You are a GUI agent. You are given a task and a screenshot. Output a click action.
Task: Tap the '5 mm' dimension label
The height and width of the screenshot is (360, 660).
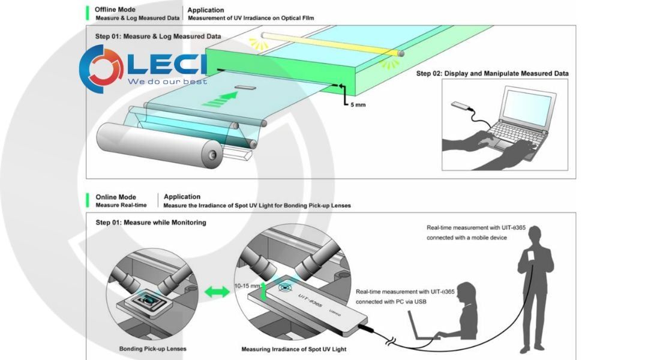tap(356, 105)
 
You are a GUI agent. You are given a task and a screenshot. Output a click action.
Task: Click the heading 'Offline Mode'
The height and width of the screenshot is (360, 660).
tap(115, 10)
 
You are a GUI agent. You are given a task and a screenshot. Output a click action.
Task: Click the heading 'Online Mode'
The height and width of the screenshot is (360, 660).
tap(115, 197)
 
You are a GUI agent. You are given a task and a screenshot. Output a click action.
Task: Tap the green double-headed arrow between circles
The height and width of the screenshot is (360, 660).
tap(217, 292)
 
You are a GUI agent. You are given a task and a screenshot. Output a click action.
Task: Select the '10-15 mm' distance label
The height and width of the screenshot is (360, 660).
tap(247, 287)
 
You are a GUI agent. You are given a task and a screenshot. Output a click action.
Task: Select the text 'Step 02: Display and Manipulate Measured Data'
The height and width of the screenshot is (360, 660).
tap(492, 74)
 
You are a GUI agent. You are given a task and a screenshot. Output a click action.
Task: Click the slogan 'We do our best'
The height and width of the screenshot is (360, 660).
tap(167, 81)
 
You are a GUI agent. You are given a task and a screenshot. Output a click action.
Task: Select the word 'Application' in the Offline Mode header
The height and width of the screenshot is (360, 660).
tap(206, 10)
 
